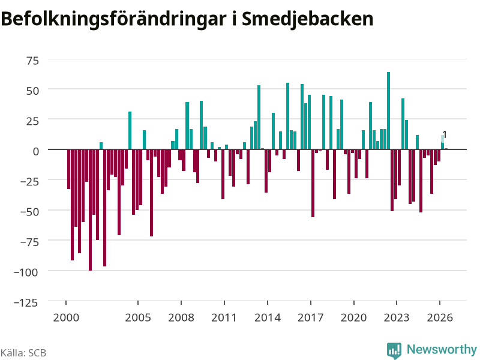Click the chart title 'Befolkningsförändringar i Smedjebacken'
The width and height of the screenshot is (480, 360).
187,20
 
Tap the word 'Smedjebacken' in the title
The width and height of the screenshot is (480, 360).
308,20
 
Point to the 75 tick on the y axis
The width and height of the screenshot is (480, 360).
33,61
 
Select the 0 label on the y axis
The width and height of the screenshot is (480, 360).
36,151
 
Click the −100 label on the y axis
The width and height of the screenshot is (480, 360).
26,272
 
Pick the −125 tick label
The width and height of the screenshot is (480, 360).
26,302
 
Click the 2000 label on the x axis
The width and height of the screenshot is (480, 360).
66,317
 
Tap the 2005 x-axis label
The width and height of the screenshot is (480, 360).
138,317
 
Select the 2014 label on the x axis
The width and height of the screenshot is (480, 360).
268,317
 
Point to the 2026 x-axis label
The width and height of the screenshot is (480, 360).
440,317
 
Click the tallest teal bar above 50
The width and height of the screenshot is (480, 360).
388,110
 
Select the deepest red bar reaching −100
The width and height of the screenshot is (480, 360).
91,210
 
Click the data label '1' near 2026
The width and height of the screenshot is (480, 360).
445,134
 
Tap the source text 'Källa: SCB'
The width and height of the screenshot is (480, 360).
23,353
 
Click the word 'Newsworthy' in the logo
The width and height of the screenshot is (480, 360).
442,349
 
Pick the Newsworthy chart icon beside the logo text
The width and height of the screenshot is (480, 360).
394,350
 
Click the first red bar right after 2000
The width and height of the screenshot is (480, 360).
68,169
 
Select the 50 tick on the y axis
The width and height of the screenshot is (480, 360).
33,91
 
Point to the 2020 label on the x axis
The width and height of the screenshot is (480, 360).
353,317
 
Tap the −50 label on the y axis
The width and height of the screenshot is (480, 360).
29,212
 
